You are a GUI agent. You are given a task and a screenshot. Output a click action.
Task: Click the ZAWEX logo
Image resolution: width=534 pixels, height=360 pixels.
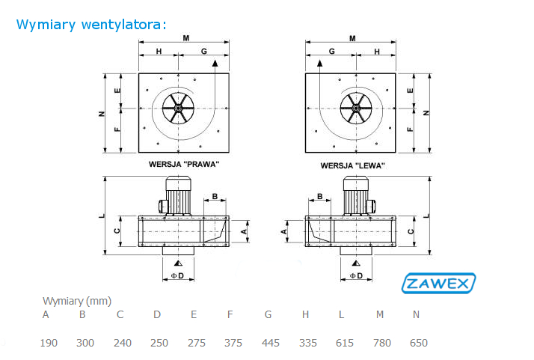(x=438, y=283)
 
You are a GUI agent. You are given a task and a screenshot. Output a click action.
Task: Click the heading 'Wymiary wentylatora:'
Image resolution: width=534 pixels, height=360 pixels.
(x=91, y=25)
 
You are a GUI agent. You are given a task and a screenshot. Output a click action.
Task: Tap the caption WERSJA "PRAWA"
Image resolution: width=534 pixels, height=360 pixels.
(x=184, y=165)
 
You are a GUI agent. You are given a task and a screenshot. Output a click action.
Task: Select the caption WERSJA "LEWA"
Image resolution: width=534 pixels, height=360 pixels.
(x=353, y=165)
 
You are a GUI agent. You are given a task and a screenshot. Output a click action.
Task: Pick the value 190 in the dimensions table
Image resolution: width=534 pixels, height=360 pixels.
(x=49, y=343)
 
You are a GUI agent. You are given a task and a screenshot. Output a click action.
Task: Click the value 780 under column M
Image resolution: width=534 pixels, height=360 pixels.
(x=381, y=343)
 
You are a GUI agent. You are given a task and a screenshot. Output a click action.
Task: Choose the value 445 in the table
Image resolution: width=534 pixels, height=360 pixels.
(x=271, y=343)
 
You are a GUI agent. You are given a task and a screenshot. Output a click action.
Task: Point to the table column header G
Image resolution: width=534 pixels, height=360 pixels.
(x=268, y=314)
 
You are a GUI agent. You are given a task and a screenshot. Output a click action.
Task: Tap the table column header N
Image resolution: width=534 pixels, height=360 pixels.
(x=416, y=314)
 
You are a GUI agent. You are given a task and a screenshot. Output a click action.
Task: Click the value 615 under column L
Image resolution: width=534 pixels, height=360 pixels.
(x=345, y=343)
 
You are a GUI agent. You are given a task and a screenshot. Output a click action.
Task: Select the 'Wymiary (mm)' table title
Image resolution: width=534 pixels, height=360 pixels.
(x=77, y=301)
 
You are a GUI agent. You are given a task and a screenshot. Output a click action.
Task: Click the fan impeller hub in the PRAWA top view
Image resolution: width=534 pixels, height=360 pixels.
(x=178, y=108)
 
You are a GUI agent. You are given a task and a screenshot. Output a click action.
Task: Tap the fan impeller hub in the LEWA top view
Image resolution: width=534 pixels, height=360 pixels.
(x=356, y=108)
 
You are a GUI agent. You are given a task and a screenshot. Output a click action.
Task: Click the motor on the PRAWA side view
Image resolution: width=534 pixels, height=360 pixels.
(x=178, y=195)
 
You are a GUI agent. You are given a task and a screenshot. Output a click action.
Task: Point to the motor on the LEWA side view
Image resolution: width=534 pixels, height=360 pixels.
(x=356, y=195)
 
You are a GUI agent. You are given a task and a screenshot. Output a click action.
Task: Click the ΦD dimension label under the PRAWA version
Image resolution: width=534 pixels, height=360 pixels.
(x=177, y=275)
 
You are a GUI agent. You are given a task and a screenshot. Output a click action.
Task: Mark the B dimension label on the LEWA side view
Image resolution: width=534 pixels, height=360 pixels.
(x=319, y=196)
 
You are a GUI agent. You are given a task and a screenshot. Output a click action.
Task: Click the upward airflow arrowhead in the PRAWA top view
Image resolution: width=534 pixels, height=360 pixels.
(x=215, y=63)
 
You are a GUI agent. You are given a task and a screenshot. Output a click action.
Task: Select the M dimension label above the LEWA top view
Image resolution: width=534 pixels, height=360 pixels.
(x=352, y=38)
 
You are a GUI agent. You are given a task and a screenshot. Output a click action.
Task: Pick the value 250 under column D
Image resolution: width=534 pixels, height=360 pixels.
(x=159, y=343)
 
